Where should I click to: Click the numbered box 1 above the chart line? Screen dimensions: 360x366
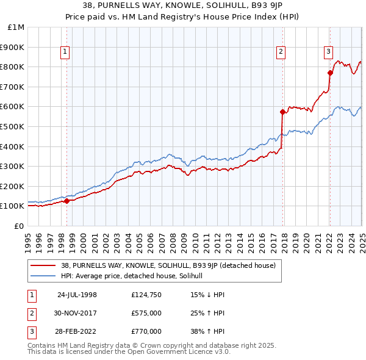point(65,52)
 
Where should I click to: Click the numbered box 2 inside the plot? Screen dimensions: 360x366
point(281,52)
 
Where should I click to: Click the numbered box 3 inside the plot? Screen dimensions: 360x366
point(328,52)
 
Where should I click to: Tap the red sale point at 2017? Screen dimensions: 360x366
point(282,112)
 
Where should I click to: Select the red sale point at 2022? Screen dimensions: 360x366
point(330,73)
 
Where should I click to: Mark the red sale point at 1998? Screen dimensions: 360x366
point(66,201)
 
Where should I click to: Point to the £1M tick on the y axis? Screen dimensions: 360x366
point(16,27)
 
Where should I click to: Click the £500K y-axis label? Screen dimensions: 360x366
point(13,126)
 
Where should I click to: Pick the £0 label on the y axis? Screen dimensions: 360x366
point(20,226)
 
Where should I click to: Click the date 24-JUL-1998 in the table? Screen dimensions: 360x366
point(77,295)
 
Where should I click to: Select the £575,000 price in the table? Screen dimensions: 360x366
point(146,313)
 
